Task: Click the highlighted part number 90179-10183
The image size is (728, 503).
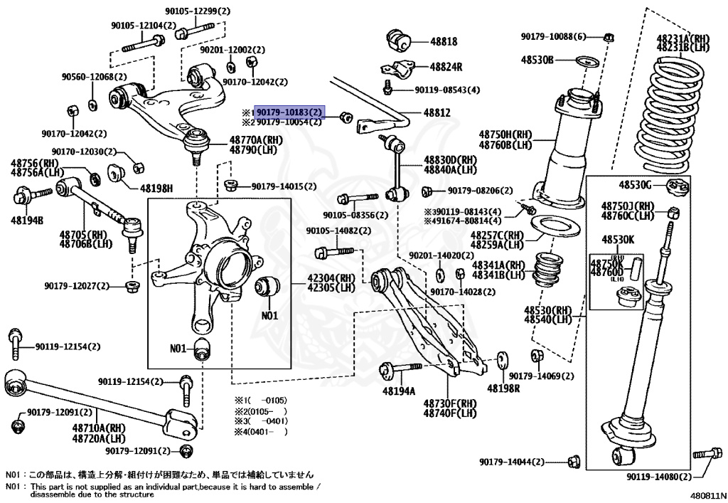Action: pos(289,112)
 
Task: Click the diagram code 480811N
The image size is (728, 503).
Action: pos(707,494)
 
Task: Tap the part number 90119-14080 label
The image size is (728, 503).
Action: pos(658,476)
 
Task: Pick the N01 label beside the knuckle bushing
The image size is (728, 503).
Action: pos(269,315)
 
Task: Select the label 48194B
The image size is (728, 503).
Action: pos(27,221)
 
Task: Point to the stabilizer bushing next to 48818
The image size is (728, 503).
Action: pos(398,40)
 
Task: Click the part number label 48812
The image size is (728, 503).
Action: pos(437,112)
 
